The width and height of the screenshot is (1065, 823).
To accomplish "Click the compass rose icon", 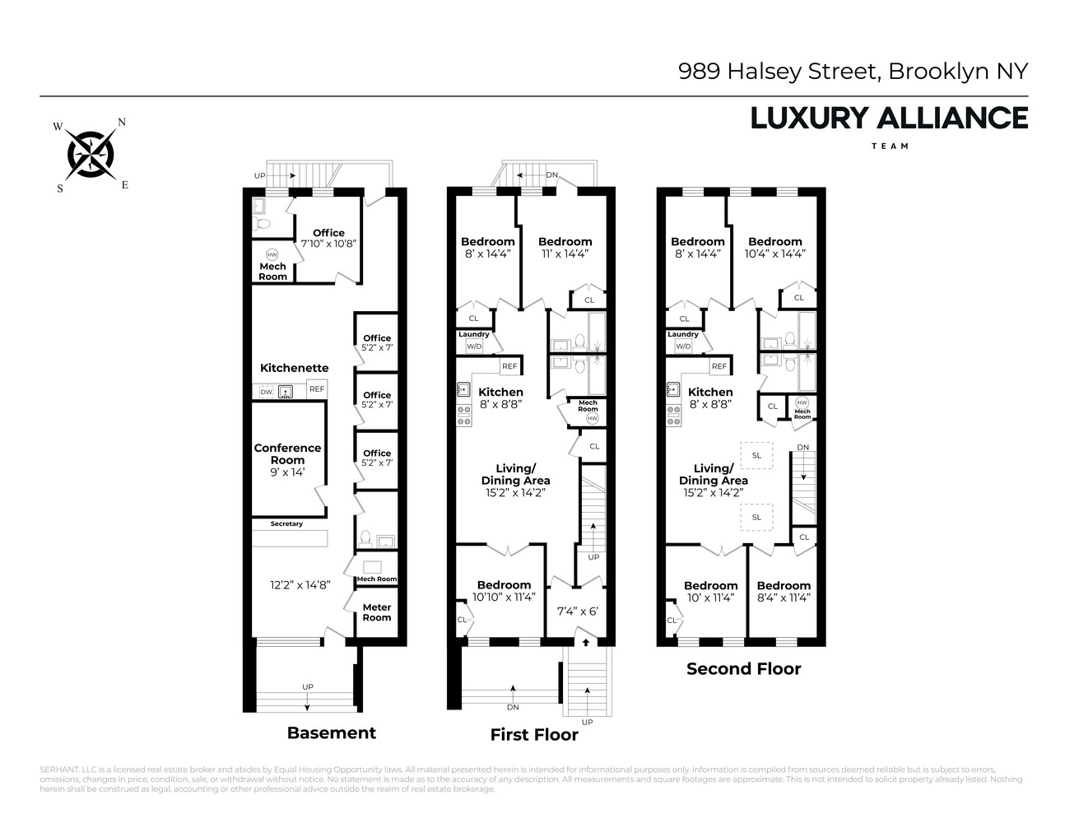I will point(91,154).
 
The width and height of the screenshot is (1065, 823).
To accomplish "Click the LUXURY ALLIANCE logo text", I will point(889,119).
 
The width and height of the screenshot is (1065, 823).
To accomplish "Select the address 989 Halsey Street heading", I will point(853,72).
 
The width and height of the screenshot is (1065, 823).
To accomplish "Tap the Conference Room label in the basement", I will point(287,454).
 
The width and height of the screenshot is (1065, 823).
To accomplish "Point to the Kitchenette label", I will point(294,368).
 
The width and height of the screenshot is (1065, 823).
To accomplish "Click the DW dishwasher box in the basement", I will point(266,393).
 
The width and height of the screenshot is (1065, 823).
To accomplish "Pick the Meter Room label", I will point(377,612).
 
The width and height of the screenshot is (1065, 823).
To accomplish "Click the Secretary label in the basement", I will point(286,524).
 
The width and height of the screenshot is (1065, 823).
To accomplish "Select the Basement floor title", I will point(331,732).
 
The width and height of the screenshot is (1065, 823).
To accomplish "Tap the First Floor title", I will point(534,734).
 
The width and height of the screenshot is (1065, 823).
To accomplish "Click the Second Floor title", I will point(743,668).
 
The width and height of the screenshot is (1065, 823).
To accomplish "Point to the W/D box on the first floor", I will point(474,346).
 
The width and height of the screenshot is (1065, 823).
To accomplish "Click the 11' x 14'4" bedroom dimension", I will point(565,253).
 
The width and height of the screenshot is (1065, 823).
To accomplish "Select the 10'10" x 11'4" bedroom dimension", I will point(504,597).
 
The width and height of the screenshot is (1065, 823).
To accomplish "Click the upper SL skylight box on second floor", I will point(756,455).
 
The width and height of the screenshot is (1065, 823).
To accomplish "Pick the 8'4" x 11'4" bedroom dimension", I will point(784,597).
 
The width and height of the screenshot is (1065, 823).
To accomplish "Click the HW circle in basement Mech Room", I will point(272,254).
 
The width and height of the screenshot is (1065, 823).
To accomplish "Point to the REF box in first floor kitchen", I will point(509,366).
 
